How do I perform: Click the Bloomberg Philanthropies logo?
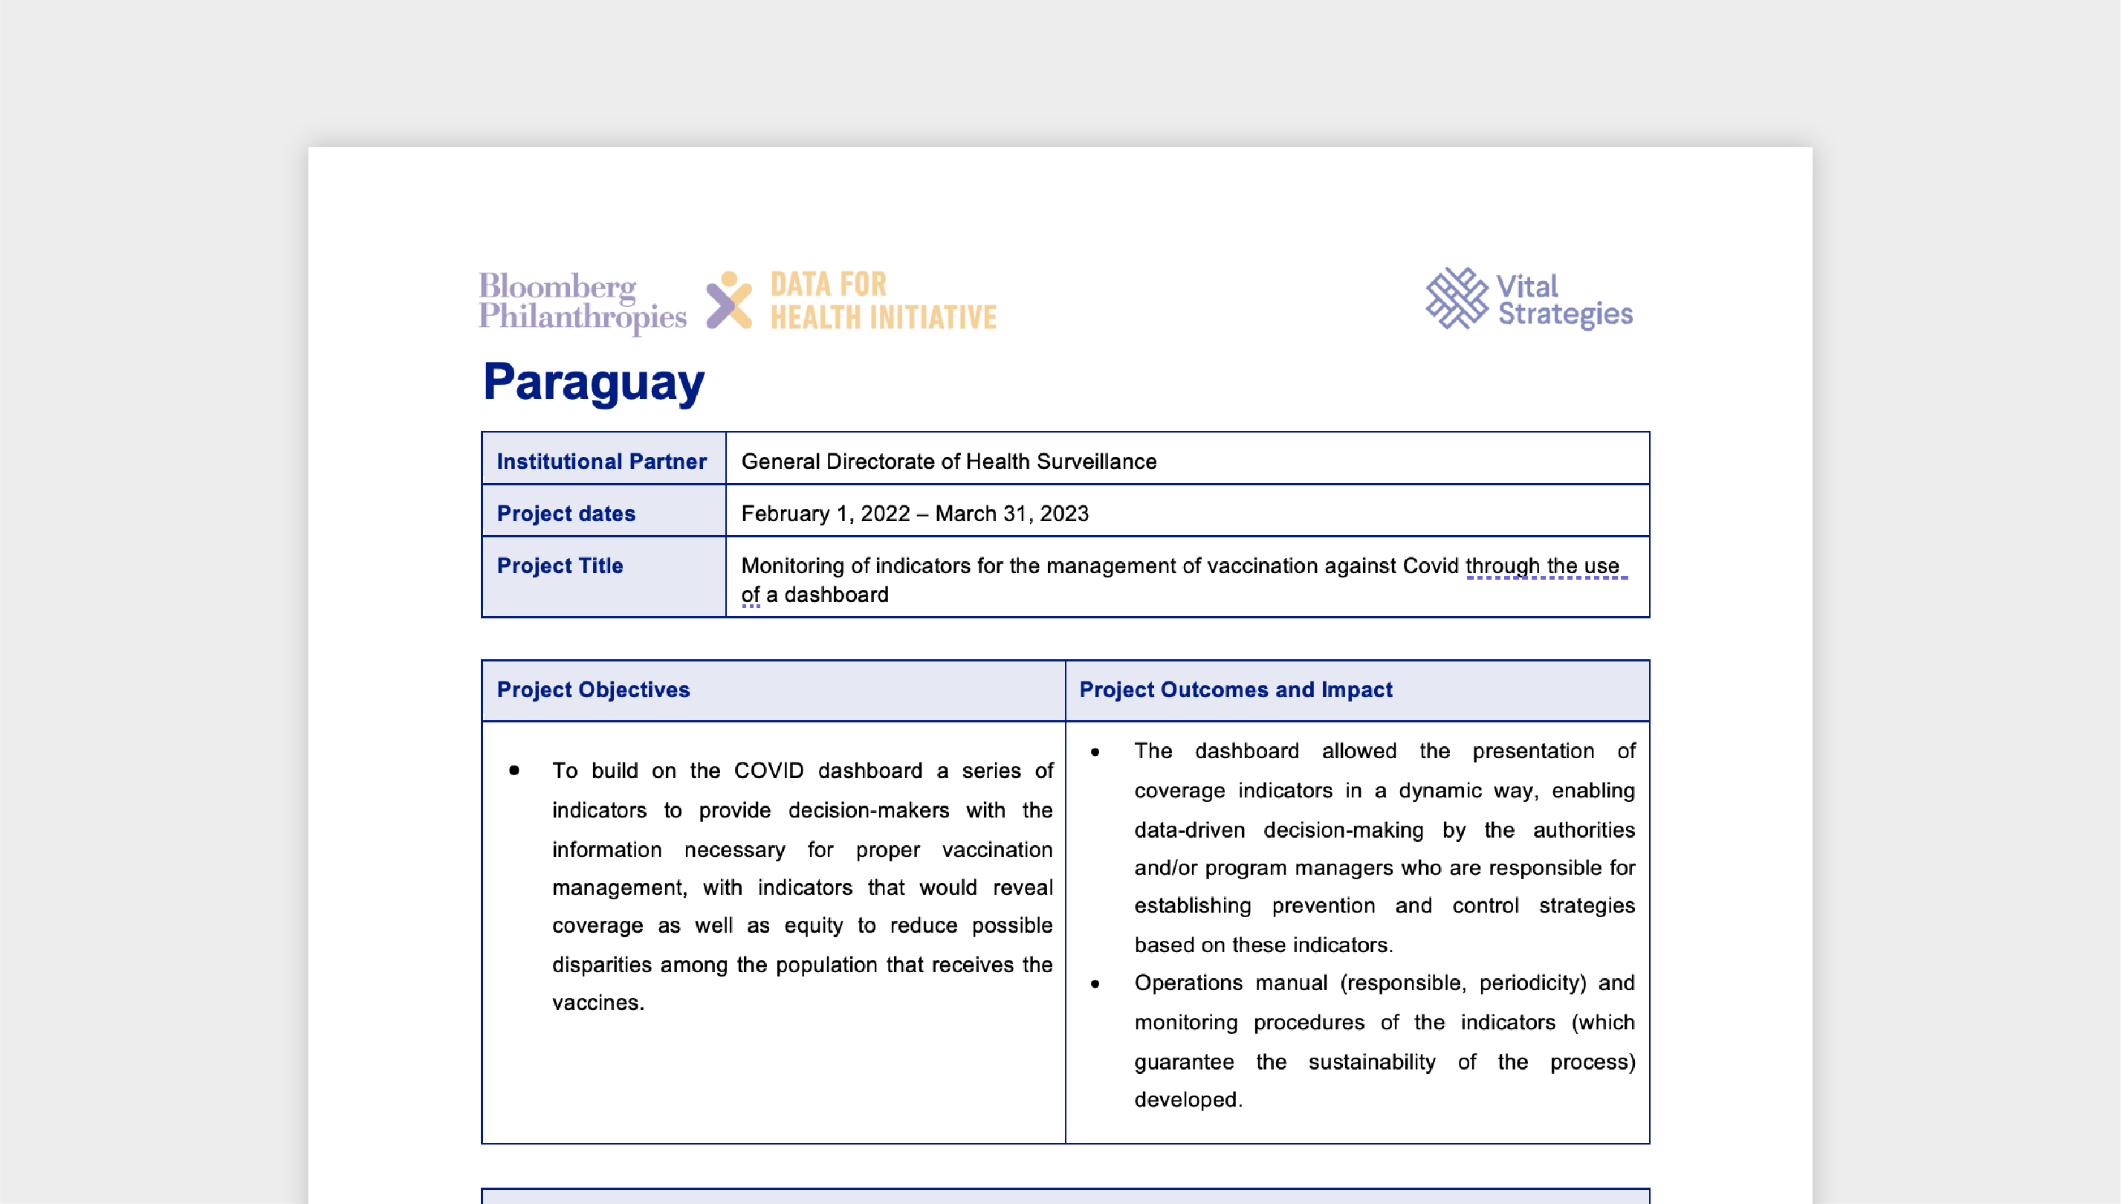(582, 301)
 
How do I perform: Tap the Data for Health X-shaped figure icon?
(728, 300)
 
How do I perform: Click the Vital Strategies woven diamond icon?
(1456, 299)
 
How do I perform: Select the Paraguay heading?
(594, 382)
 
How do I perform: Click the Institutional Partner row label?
(601, 462)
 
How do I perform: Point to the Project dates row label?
(566, 514)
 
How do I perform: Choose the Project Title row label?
(560, 566)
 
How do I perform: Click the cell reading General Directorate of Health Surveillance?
(948, 462)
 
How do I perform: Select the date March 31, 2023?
(1012, 514)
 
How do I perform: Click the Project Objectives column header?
(593, 690)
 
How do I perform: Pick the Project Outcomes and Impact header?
(1235, 690)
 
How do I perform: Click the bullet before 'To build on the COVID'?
(514, 771)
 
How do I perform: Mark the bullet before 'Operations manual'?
(1095, 984)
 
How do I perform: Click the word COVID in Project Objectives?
(768, 771)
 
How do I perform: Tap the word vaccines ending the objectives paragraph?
(597, 1003)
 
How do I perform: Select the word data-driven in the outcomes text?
(1189, 830)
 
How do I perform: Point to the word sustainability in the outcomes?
(1371, 1063)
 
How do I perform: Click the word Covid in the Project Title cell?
(1430, 566)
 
